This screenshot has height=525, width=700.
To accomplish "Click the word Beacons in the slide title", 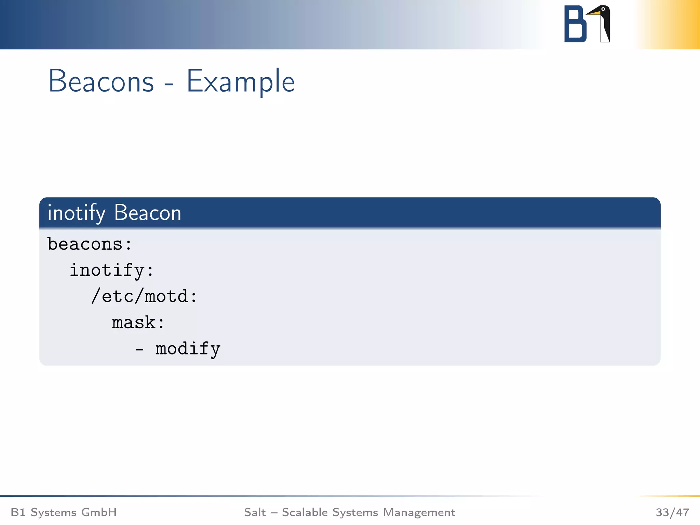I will [x=101, y=81].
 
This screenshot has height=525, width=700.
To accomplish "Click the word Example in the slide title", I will [x=240, y=81].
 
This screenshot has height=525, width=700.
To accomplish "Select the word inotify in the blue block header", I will [x=76, y=213].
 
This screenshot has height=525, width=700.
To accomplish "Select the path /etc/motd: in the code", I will [x=144, y=296].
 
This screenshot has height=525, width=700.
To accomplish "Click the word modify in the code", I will [x=188, y=349].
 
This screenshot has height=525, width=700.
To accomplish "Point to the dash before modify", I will [x=139, y=350].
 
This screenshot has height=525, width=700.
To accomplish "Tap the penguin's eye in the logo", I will [x=603, y=9].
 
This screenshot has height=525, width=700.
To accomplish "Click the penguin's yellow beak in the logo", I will [x=593, y=13].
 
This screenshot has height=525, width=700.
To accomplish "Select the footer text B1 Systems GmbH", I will [x=64, y=512].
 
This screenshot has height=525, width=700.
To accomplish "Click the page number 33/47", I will [x=672, y=512].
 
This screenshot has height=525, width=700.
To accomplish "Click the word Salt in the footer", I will [x=255, y=512].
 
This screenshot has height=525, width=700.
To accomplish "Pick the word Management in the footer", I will [x=419, y=512].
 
